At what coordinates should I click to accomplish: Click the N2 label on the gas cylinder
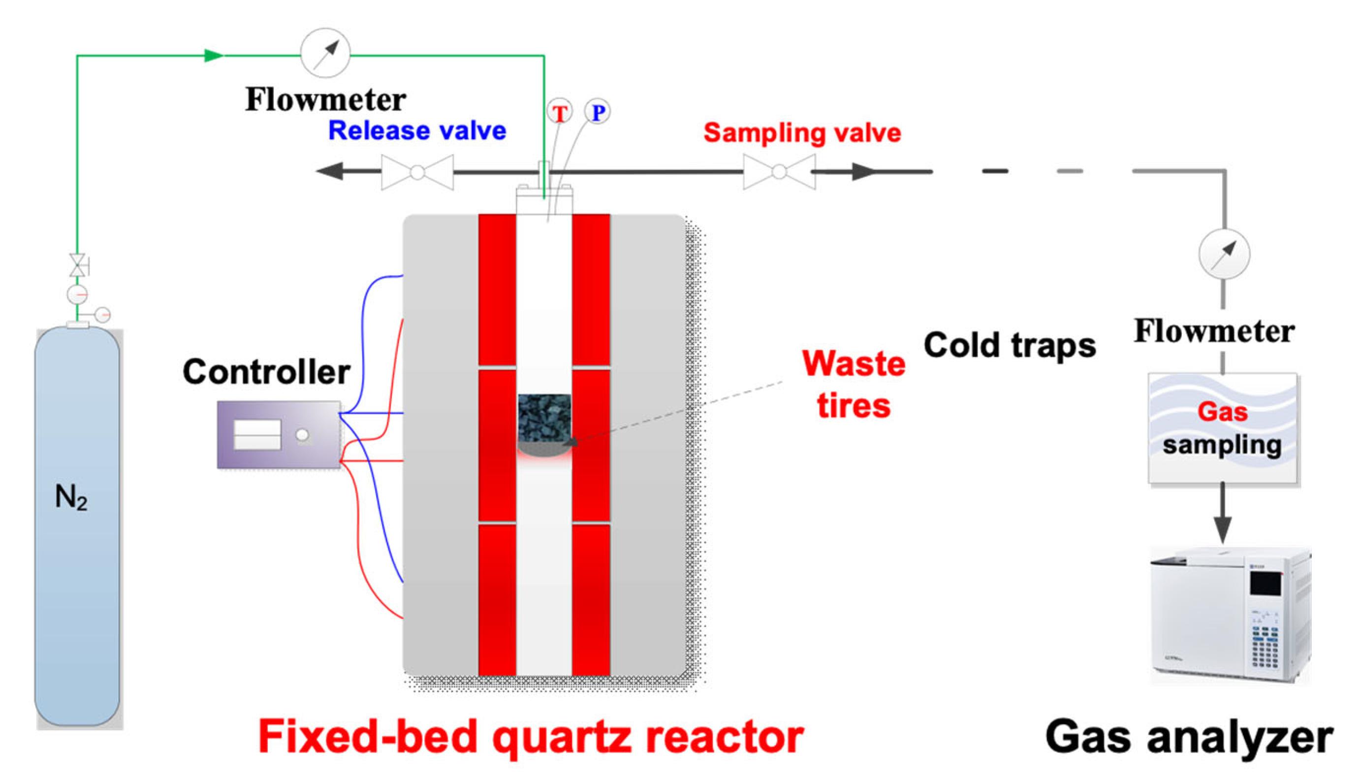pyautogui.click(x=71, y=498)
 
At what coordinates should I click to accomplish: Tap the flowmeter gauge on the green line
pyautogui.click(x=325, y=53)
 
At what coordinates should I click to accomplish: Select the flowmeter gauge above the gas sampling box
pyautogui.click(x=1224, y=253)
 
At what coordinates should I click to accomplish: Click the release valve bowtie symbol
pyautogui.click(x=417, y=172)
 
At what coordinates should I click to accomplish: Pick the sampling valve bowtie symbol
pyautogui.click(x=779, y=172)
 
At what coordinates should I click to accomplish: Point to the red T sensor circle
pyautogui.click(x=560, y=112)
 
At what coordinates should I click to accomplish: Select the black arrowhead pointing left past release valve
pyautogui.click(x=330, y=171)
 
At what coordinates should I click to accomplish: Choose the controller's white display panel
pyautogui.click(x=257, y=434)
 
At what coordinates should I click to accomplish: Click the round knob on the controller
pyautogui.click(x=302, y=435)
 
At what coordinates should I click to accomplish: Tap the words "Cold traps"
pyautogui.click(x=1009, y=345)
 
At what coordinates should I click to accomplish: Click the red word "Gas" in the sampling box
pyautogui.click(x=1223, y=412)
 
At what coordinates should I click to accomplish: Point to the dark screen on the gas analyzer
pyautogui.click(x=1265, y=583)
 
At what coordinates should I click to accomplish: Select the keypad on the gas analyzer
pyautogui.click(x=1265, y=645)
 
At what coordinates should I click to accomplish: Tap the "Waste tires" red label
pyautogui.click(x=854, y=384)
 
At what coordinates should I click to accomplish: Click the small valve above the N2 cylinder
pyautogui.click(x=78, y=265)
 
